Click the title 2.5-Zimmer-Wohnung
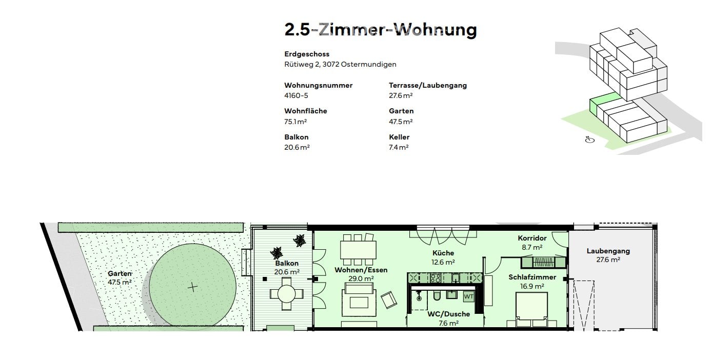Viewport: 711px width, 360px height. coord(380,30)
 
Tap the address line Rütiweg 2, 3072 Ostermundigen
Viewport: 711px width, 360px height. coord(340,65)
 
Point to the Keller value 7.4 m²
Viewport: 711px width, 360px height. coord(399,148)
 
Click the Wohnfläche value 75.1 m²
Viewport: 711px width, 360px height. coord(295,122)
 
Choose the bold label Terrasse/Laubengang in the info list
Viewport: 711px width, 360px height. coord(427,86)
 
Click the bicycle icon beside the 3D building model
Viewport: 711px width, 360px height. coord(590,139)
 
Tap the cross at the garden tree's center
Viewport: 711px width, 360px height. coord(192,287)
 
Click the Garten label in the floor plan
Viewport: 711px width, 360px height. coord(120,274)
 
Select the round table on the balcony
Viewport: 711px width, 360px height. coord(286,294)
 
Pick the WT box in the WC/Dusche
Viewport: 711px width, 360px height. coord(468,296)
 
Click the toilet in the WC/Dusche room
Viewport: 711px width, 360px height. coord(437,296)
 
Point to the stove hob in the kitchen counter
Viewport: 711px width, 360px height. coord(436,278)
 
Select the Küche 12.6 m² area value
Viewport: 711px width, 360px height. coord(443,262)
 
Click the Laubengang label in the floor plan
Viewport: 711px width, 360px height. coord(608,251)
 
